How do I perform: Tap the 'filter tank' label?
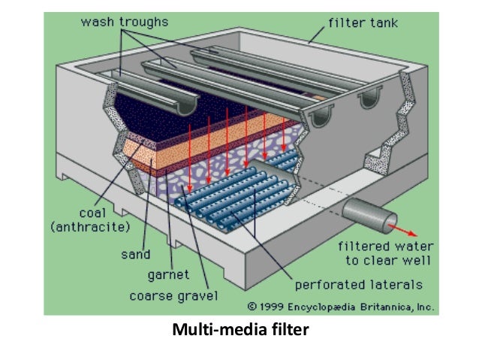pyautogui.click(x=363, y=22)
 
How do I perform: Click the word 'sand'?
pyautogui.click(x=136, y=254)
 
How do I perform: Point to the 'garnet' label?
pyautogui.click(x=168, y=274)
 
